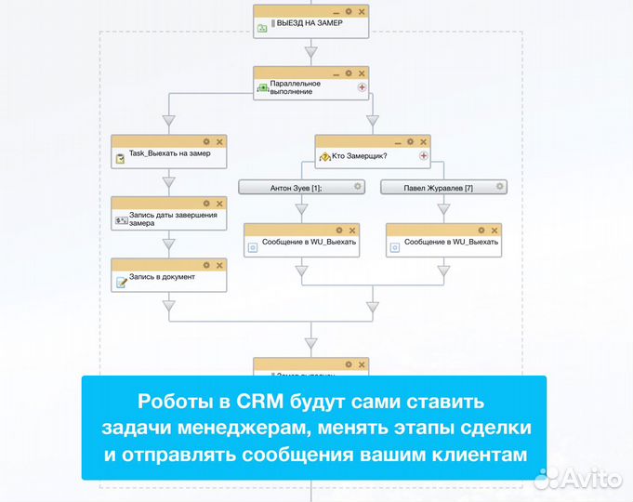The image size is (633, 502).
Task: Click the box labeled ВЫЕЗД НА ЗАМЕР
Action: [310, 23]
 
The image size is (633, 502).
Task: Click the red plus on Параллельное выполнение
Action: [362, 87]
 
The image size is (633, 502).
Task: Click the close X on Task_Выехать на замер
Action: [219, 141]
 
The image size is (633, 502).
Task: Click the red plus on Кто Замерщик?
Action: [424, 156]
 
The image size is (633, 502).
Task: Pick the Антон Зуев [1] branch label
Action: [296, 188]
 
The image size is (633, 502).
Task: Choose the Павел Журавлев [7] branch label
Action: [438, 188]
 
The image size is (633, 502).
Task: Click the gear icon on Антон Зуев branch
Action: [357, 187]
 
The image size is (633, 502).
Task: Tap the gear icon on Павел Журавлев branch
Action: [500, 187]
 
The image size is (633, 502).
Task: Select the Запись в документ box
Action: [168, 278]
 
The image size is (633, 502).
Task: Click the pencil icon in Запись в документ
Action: [121, 282]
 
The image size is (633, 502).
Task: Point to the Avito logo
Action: [580, 478]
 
